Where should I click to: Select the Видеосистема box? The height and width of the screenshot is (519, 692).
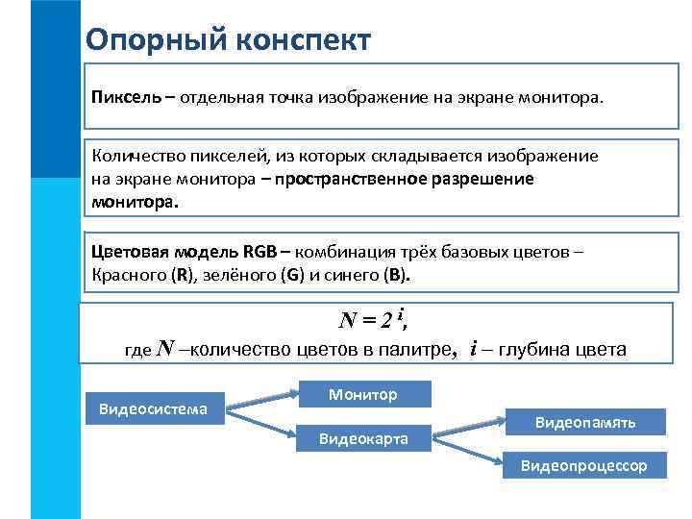(x=154, y=408)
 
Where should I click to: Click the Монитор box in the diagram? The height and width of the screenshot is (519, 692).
(x=362, y=394)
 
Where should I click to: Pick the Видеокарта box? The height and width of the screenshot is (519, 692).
(x=362, y=438)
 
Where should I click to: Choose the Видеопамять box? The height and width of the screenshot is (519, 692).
(x=585, y=421)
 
